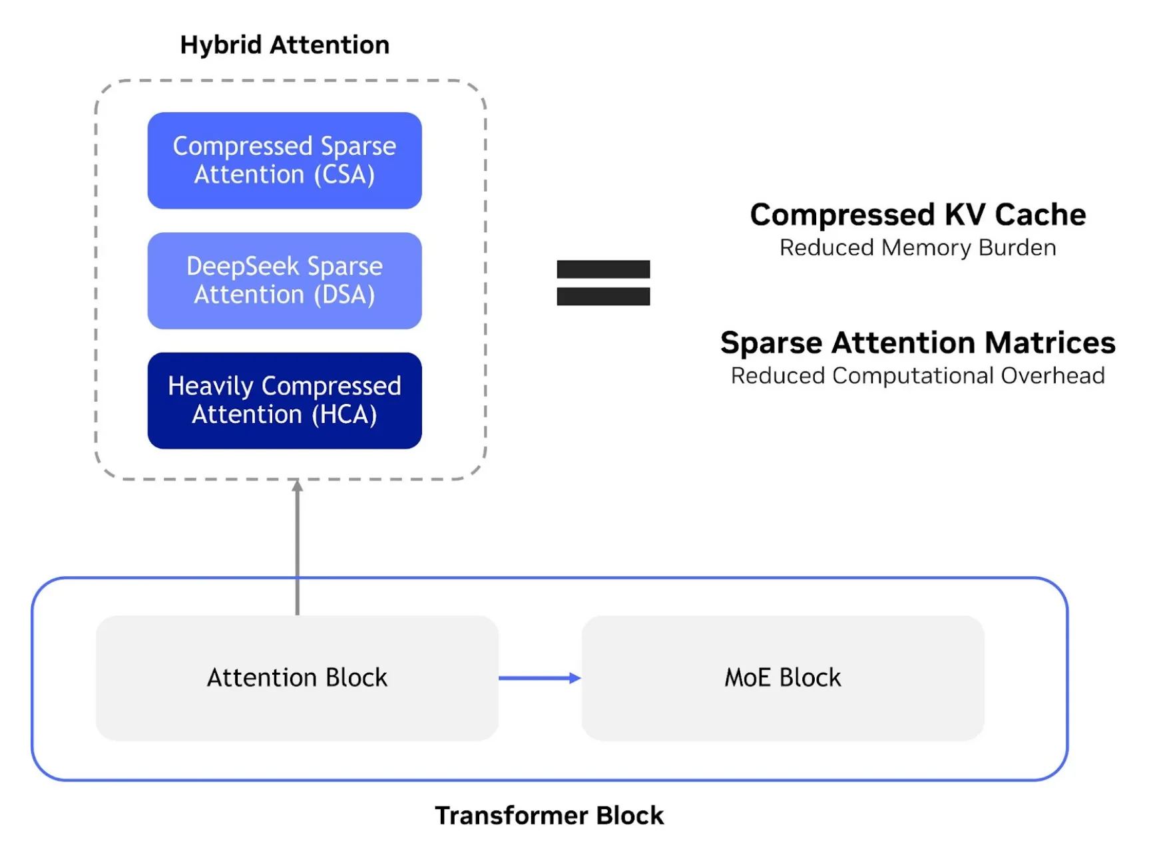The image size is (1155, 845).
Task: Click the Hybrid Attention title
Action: (284, 45)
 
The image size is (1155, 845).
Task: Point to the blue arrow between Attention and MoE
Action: (539, 678)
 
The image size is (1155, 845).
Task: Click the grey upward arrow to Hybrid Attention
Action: (298, 546)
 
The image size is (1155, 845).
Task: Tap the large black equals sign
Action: (603, 283)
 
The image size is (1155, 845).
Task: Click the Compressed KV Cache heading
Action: (917, 215)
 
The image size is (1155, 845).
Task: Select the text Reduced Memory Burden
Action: (917, 248)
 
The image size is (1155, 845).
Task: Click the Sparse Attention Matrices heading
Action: (917, 343)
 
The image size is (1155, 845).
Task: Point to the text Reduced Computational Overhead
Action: (917, 376)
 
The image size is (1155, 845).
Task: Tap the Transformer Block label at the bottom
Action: (549, 816)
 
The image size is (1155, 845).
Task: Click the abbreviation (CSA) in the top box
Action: (344, 175)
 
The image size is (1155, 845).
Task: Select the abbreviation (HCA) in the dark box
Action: (344, 415)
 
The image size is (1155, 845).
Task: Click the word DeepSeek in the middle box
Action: (242, 266)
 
